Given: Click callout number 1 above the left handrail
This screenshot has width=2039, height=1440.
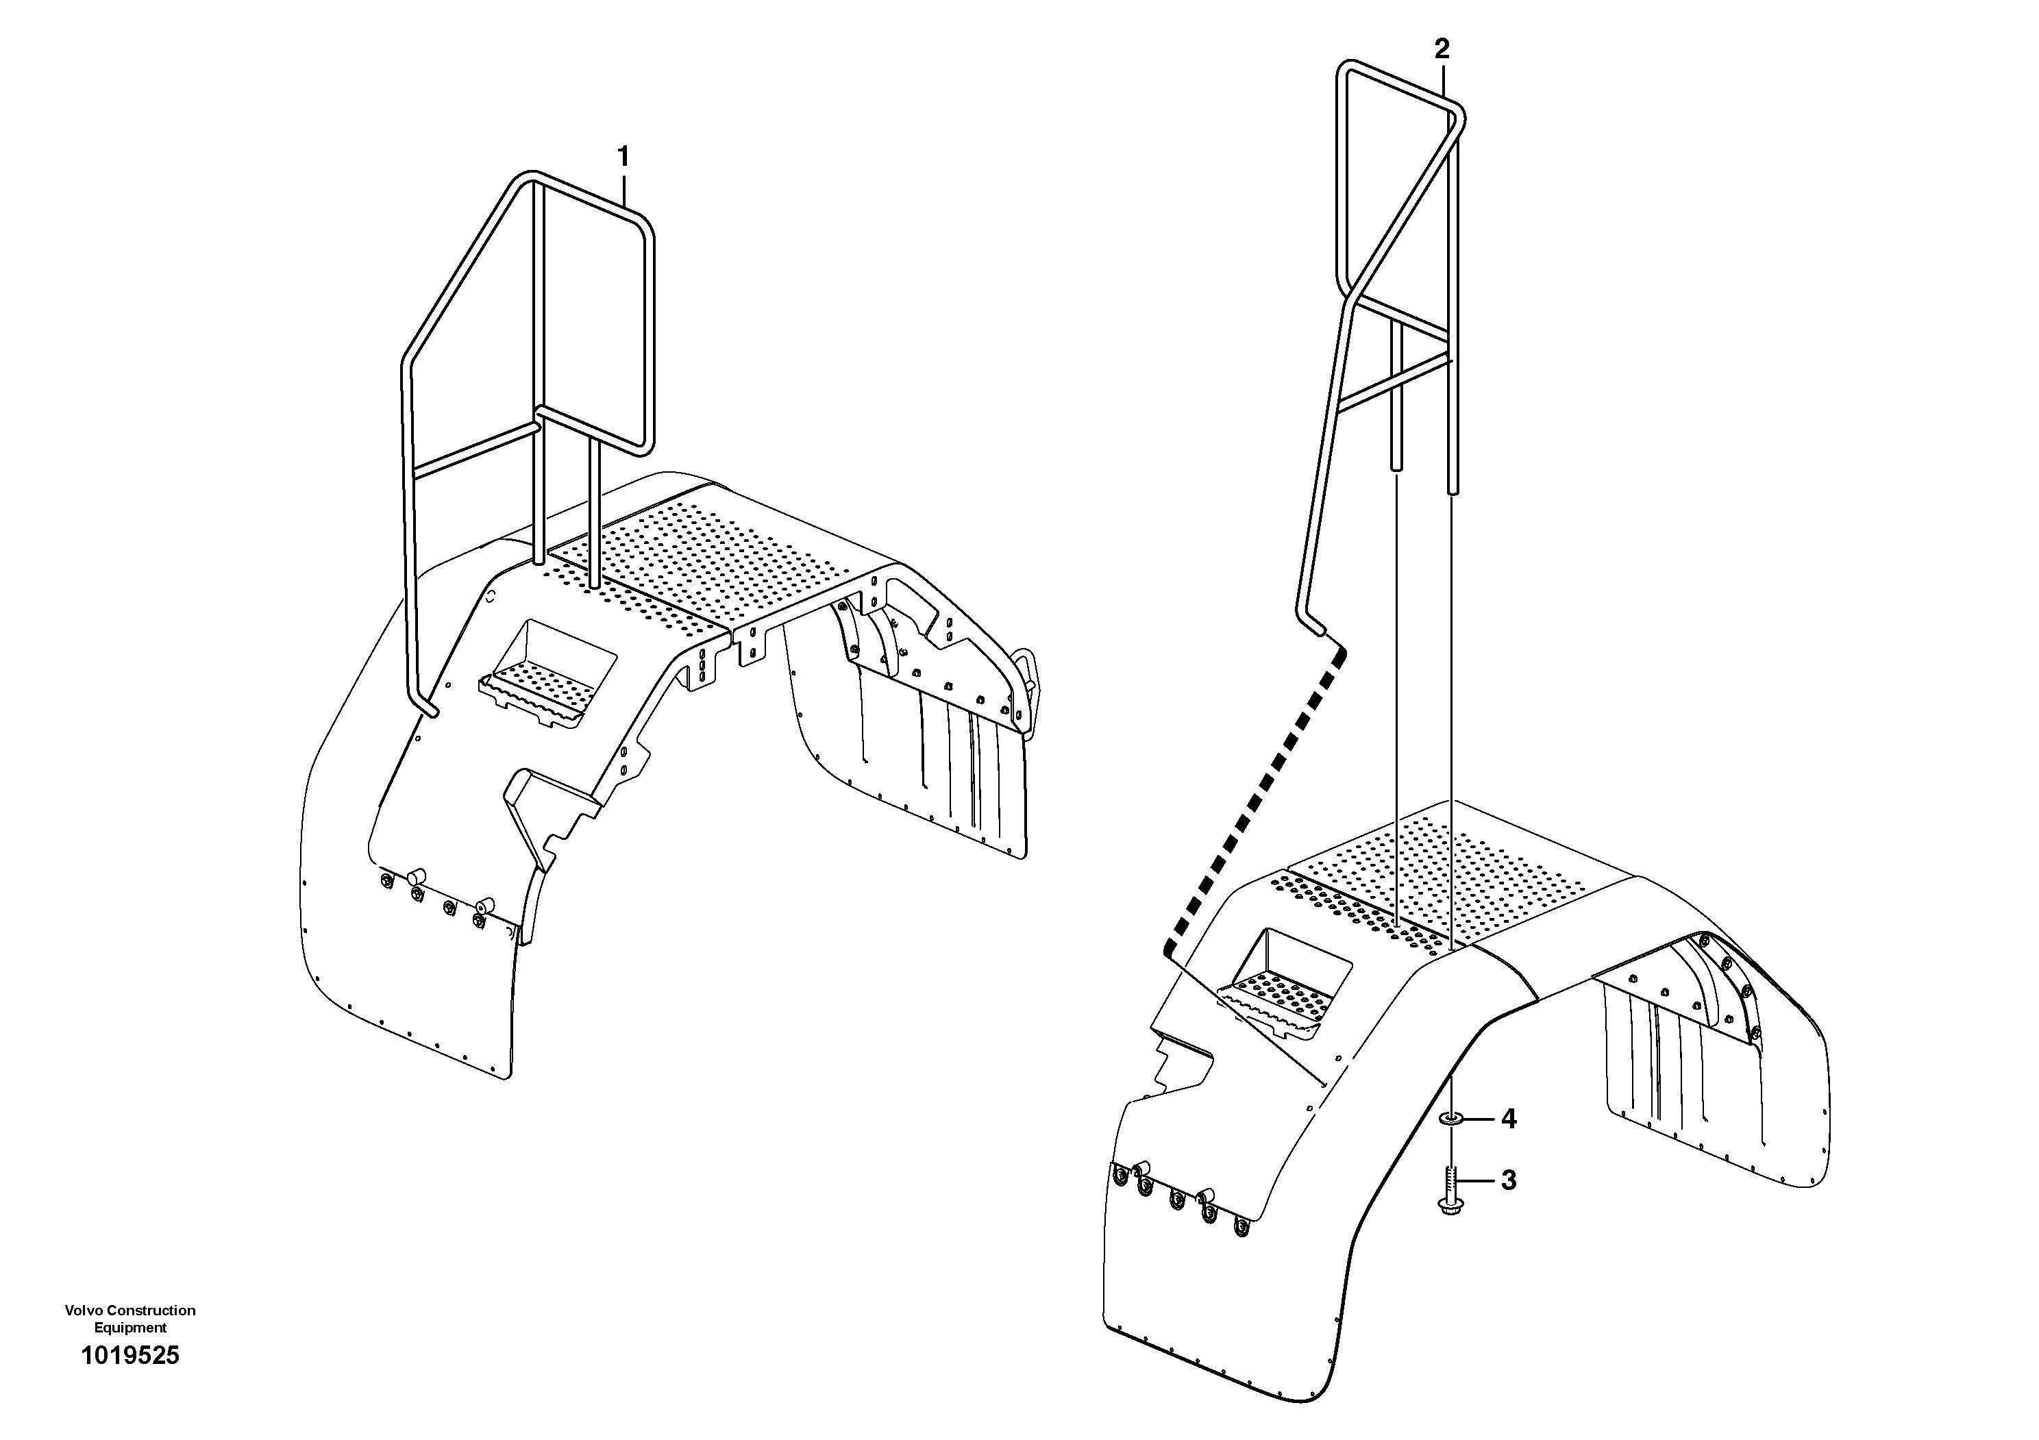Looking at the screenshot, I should pyautogui.click(x=623, y=157).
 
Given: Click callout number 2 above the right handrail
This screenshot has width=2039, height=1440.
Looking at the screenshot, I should pyautogui.click(x=1442, y=49).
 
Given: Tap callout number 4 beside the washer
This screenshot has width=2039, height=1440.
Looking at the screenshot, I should pyautogui.click(x=1508, y=1119).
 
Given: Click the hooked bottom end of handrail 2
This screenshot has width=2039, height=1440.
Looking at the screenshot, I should pyautogui.click(x=1313, y=623).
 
